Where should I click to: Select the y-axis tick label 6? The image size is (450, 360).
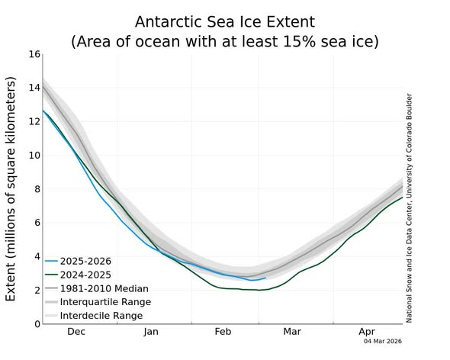click(34, 223)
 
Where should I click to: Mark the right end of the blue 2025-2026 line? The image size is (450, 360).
click(265, 278)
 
